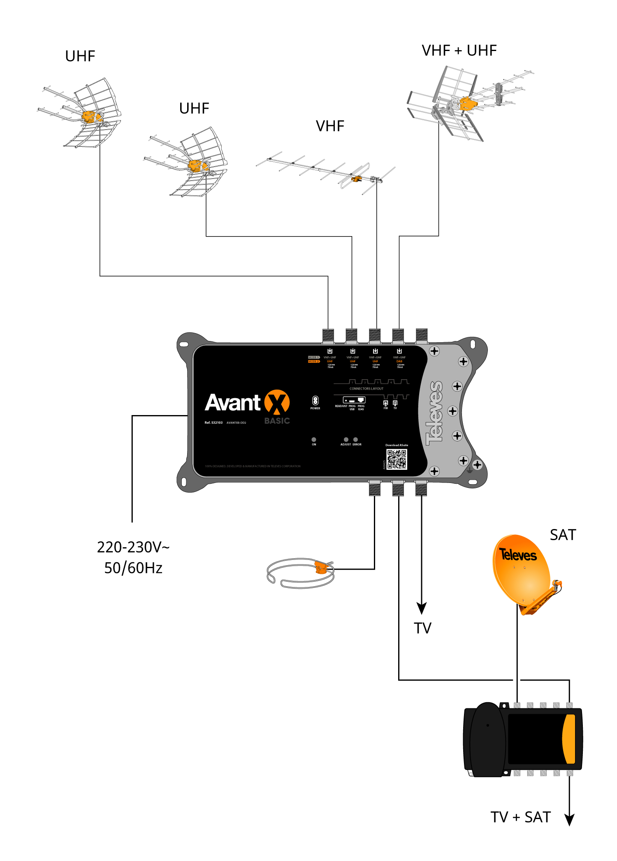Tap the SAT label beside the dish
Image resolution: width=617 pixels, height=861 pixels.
[x=563, y=535]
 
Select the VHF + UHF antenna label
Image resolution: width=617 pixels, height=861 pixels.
[x=459, y=51]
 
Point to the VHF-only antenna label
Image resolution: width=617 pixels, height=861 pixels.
[x=330, y=126]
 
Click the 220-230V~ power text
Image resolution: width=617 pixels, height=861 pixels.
[x=133, y=548]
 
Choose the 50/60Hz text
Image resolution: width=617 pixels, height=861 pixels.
[x=133, y=568]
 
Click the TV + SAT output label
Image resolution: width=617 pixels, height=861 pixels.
[x=520, y=817]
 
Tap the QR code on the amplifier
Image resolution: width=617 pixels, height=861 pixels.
[x=397, y=459]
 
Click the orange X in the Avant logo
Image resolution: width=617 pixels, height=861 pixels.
[x=277, y=402]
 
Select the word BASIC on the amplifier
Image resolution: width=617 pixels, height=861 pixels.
[x=277, y=421]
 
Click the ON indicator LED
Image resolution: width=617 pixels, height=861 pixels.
[x=314, y=439]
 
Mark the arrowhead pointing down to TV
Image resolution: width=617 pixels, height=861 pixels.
[x=422, y=608]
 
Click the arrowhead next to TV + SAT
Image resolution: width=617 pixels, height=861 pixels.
[x=569, y=820]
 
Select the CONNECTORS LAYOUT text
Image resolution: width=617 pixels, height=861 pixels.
[x=366, y=389]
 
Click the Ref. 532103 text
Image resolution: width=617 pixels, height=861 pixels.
[x=213, y=422]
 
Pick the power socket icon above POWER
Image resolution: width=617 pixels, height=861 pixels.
[x=315, y=400]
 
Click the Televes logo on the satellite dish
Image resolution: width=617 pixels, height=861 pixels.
[x=518, y=555]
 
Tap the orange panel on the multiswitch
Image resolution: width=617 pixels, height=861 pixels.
[x=569, y=739]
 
